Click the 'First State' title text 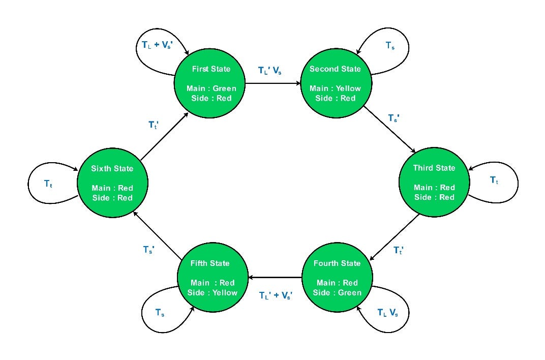[211, 69]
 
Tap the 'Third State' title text [434, 168]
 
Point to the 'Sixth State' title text [112, 169]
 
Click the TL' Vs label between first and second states [270, 71]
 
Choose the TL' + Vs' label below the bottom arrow [275, 295]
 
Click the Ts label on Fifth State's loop [160, 313]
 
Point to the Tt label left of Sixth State [48, 184]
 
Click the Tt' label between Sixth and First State [154, 125]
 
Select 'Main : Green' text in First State [211, 88]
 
